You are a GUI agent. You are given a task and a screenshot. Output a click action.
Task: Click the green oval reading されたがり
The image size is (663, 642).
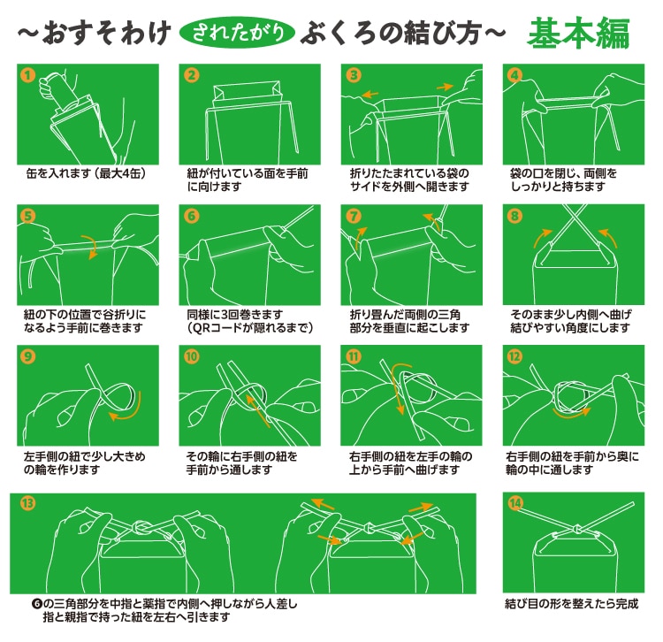pyautogui.click(x=237, y=33)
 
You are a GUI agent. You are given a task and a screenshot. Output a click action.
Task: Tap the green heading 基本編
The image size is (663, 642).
pyautogui.click(x=579, y=33)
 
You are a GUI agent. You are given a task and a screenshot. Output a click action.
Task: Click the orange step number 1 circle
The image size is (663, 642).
pyautogui.click(x=28, y=76)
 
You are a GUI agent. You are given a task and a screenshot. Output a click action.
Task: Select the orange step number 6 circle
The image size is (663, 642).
pyautogui.click(x=192, y=217)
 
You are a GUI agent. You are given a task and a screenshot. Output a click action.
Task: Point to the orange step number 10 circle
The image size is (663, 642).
pyautogui.click(x=192, y=356)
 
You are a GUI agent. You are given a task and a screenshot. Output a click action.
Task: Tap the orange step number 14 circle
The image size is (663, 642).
pyautogui.click(x=514, y=503)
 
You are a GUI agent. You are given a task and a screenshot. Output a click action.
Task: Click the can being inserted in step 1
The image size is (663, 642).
pyautogui.click(x=60, y=91)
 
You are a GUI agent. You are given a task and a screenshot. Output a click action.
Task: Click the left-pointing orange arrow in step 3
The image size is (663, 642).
pyautogui.click(x=370, y=94)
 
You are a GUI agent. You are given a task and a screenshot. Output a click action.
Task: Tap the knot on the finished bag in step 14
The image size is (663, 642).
pyautogui.click(x=575, y=528)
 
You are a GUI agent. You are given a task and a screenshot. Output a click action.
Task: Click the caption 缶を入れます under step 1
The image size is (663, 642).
pyautogui.click(x=58, y=173)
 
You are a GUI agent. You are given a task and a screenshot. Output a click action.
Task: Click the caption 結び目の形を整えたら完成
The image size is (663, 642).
pyautogui.click(x=572, y=603)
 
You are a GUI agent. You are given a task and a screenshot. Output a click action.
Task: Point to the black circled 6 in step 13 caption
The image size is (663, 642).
pyautogui.click(x=37, y=603)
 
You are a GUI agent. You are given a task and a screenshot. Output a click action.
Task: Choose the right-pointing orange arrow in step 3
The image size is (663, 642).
pyautogui.click(x=445, y=88)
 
